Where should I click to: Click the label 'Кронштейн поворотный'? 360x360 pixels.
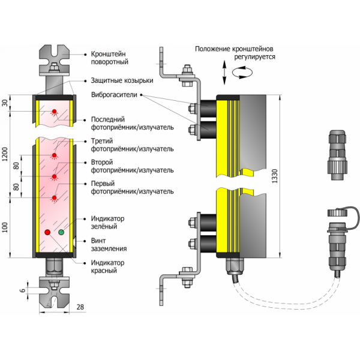(112, 57)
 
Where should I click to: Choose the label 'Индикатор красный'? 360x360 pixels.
(107, 266)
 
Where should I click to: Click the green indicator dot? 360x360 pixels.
(61, 232)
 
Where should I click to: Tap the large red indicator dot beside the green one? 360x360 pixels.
(47, 232)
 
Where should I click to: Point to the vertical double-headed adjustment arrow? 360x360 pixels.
(223, 73)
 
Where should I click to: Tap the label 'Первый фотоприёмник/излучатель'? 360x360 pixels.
(132, 187)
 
